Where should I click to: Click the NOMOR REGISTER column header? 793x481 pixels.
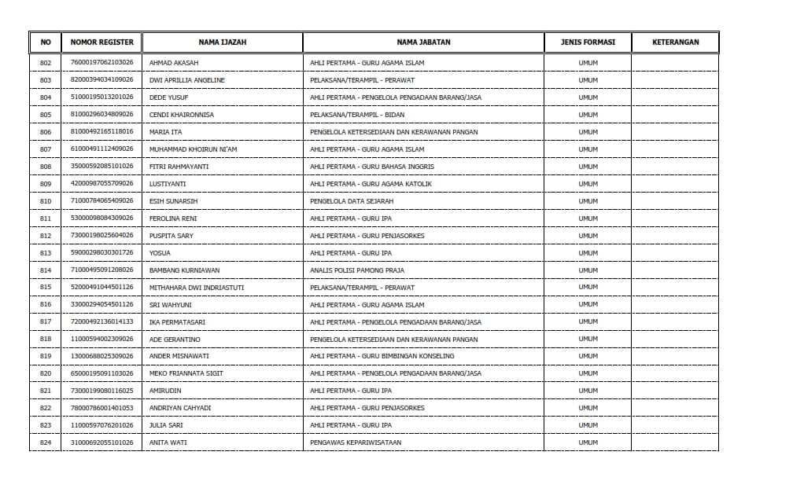(102, 42)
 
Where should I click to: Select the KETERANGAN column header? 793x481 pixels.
(675, 42)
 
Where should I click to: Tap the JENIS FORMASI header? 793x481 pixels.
(588, 42)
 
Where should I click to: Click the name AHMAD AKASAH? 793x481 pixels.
(174, 63)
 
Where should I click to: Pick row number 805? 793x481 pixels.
(45, 115)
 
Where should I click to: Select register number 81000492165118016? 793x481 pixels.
(102, 132)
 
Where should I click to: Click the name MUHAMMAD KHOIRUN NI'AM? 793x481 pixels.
(193, 149)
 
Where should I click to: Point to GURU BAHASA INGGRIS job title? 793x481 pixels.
(371, 167)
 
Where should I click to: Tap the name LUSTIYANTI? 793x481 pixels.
(168, 184)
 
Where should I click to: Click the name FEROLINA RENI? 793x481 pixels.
(172, 218)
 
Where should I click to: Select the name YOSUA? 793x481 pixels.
(160, 253)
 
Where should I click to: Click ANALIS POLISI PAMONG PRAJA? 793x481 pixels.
(357, 270)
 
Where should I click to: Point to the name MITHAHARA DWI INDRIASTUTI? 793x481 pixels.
(196, 288)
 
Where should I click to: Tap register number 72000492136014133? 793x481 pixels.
(102, 322)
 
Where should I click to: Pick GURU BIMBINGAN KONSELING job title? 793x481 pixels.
(382, 356)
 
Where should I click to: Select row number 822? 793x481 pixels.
(45, 408)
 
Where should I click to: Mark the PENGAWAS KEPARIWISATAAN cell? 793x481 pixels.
(356, 442)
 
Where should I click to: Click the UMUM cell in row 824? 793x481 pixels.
(588, 442)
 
